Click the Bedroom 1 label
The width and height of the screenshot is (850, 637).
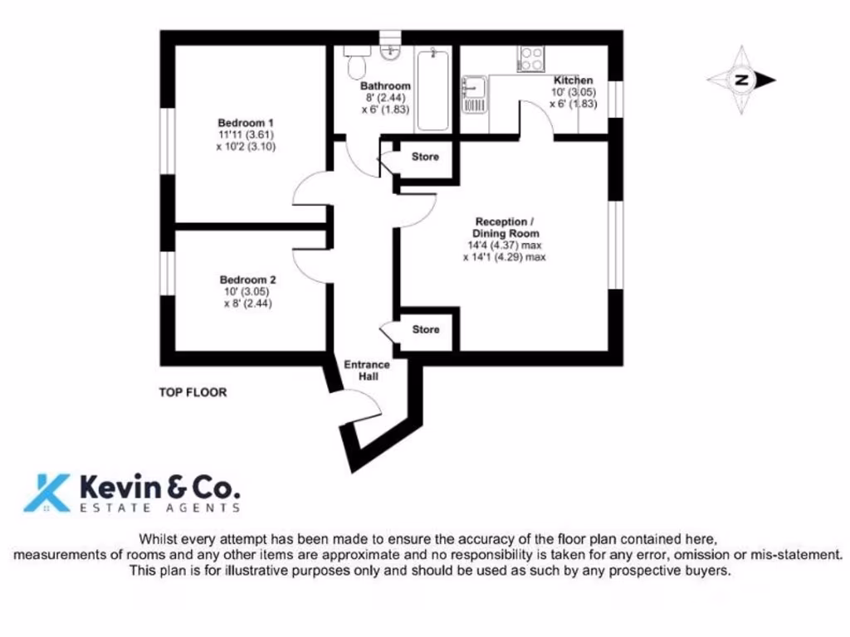coord(246,124)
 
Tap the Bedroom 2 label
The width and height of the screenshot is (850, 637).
coord(247,280)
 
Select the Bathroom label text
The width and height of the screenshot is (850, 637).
coord(385,86)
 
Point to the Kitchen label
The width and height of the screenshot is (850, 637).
coord(573,80)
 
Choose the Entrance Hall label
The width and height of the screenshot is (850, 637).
coord(367,371)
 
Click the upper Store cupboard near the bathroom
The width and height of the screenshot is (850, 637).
coord(425,157)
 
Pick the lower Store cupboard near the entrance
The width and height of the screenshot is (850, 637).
coord(426,330)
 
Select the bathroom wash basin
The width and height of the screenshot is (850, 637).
coord(389,52)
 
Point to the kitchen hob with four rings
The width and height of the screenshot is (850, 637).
coord(530,59)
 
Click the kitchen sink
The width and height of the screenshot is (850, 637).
coord(474,89)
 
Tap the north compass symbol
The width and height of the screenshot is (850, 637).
coord(741,80)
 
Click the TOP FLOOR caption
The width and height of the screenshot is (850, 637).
coord(193,392)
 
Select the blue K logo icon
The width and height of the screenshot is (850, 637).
coord(46,492)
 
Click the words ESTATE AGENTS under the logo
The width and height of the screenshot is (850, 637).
coord(160,508)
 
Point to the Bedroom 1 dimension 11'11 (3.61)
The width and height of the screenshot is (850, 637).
coord(246,135)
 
